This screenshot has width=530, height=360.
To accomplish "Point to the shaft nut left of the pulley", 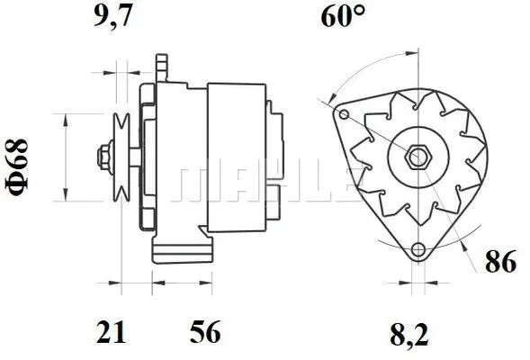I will coord(101,158).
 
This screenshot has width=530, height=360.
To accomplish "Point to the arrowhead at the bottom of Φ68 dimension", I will coord(66,196).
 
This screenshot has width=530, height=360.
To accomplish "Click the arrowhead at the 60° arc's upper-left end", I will coord(331,97).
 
